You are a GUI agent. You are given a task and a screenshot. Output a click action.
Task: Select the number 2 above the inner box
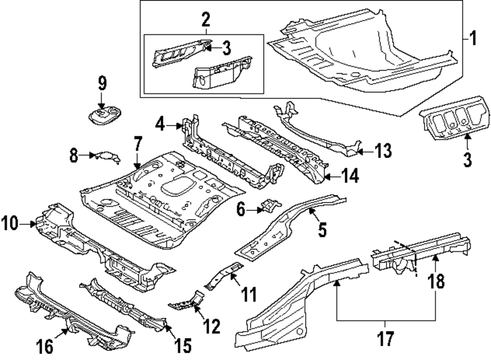pyautogui.click(x=205, y=20)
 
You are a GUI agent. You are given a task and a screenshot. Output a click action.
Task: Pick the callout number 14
pyautogui.click(x=350, y=175)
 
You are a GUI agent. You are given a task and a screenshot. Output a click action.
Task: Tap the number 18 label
pyautogui.click(x=437, y=281)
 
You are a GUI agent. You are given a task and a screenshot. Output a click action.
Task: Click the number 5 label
pyautogui.click(x=322, y=229)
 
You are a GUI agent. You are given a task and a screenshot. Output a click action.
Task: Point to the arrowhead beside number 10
pyautogui.click(x=33, y=224)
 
